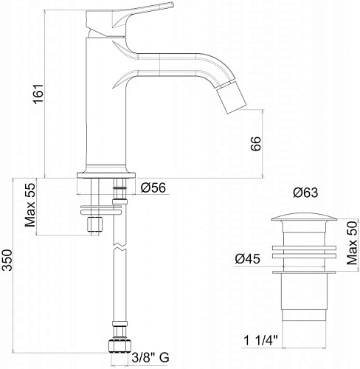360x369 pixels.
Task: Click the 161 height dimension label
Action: coord(38,94)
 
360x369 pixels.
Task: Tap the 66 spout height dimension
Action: coord(255,143)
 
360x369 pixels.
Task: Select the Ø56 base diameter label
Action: coord(153,188)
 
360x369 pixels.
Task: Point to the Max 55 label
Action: coord(30,205)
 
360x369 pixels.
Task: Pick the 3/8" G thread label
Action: coord(150,357)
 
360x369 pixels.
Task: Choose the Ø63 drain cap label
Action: coord(305,193)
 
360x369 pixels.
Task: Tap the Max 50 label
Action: coord(352,243)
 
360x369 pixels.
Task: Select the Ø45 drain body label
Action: coord(247,259)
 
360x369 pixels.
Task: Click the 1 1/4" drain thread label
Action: coord(260,341)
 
